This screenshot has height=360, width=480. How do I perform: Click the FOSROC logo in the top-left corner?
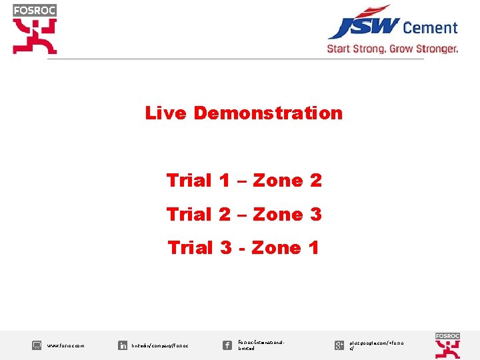tap(35, 29)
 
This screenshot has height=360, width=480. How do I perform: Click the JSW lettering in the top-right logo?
tap(363, 27)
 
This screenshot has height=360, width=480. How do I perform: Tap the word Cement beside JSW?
tap(431, 28)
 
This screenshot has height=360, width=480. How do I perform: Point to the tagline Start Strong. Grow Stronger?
tap(393, 49)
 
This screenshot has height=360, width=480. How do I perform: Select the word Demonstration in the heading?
tap(268, 113)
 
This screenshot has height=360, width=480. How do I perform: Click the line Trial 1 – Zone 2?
tap(244, 181)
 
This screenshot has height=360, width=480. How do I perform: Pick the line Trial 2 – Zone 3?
tap(244, 215)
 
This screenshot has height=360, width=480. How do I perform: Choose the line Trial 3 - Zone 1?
tap(244, 248)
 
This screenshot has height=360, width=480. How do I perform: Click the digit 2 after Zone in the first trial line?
tap(315, 181)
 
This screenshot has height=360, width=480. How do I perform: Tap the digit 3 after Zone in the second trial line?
tap(315, 215)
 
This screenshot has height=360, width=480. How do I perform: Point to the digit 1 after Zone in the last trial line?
tap(313, 248)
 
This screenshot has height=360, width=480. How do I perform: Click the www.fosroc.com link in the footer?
tap(66, 346)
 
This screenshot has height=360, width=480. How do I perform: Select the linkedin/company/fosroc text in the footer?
tap(160, 346)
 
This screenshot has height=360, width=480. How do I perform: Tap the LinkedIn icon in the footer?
tap(123, 345)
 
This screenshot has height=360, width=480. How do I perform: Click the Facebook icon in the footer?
tap(227, 345)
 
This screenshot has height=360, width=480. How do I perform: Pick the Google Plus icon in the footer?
tap(339, 345)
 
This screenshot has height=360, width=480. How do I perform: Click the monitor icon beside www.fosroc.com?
tap(37, 345)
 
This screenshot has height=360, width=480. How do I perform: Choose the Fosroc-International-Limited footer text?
tap(261, 345)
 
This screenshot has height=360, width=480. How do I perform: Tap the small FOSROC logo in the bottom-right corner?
tap(447, 345)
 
